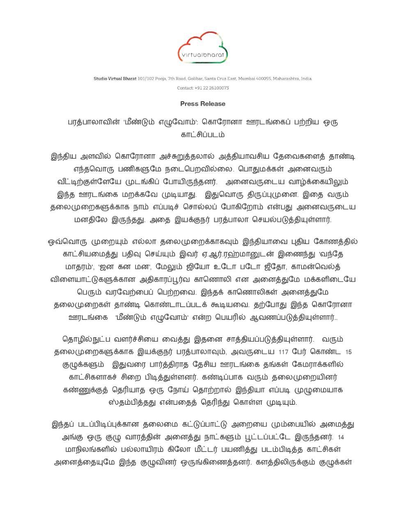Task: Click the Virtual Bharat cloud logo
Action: pos(203,49)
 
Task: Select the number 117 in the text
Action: pos(283,352)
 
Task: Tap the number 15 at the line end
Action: pos(349,352)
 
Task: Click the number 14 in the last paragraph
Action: pos(341,437)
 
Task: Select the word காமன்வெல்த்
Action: pos(316,267)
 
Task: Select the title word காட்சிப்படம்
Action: pos(203,135)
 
